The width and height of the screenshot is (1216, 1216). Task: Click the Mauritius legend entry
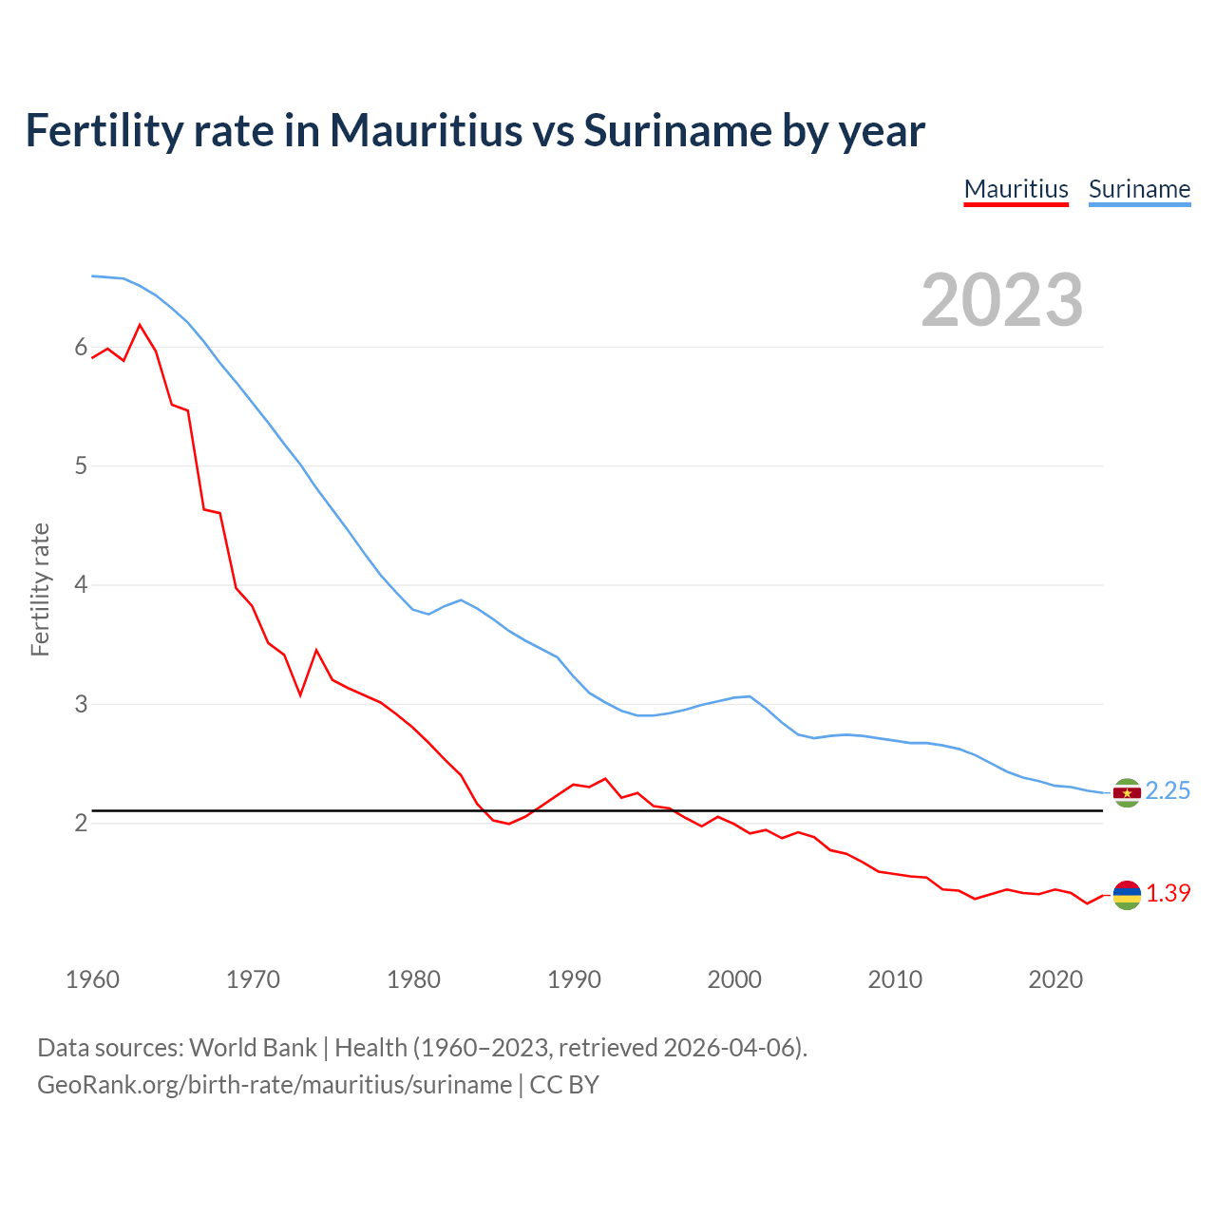1016,189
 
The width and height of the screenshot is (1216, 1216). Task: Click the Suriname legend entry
1139,189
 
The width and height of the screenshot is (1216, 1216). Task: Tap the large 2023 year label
1002,300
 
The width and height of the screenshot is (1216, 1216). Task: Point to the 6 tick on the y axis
81,348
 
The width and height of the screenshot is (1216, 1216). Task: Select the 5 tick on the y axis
81,466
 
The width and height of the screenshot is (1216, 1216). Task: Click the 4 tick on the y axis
81,585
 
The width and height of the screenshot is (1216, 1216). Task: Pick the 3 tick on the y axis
81,704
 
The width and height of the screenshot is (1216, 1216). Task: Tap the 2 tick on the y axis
81,823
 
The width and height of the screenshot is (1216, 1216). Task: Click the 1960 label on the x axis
92,979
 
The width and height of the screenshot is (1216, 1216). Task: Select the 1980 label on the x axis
413,979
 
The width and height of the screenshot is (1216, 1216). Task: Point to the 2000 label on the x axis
734,979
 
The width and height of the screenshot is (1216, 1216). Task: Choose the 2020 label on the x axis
1055,979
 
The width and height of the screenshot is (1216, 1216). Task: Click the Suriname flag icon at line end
1127,792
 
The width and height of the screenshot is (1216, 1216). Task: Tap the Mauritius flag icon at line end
1127,895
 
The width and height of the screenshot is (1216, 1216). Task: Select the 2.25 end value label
1168,791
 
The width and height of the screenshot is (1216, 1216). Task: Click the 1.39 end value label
1168,894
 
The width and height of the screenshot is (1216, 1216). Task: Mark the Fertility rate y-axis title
40,589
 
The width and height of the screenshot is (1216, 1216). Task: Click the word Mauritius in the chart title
426,131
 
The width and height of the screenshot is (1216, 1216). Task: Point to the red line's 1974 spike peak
316,651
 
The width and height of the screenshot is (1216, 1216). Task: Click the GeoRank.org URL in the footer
275,1085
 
